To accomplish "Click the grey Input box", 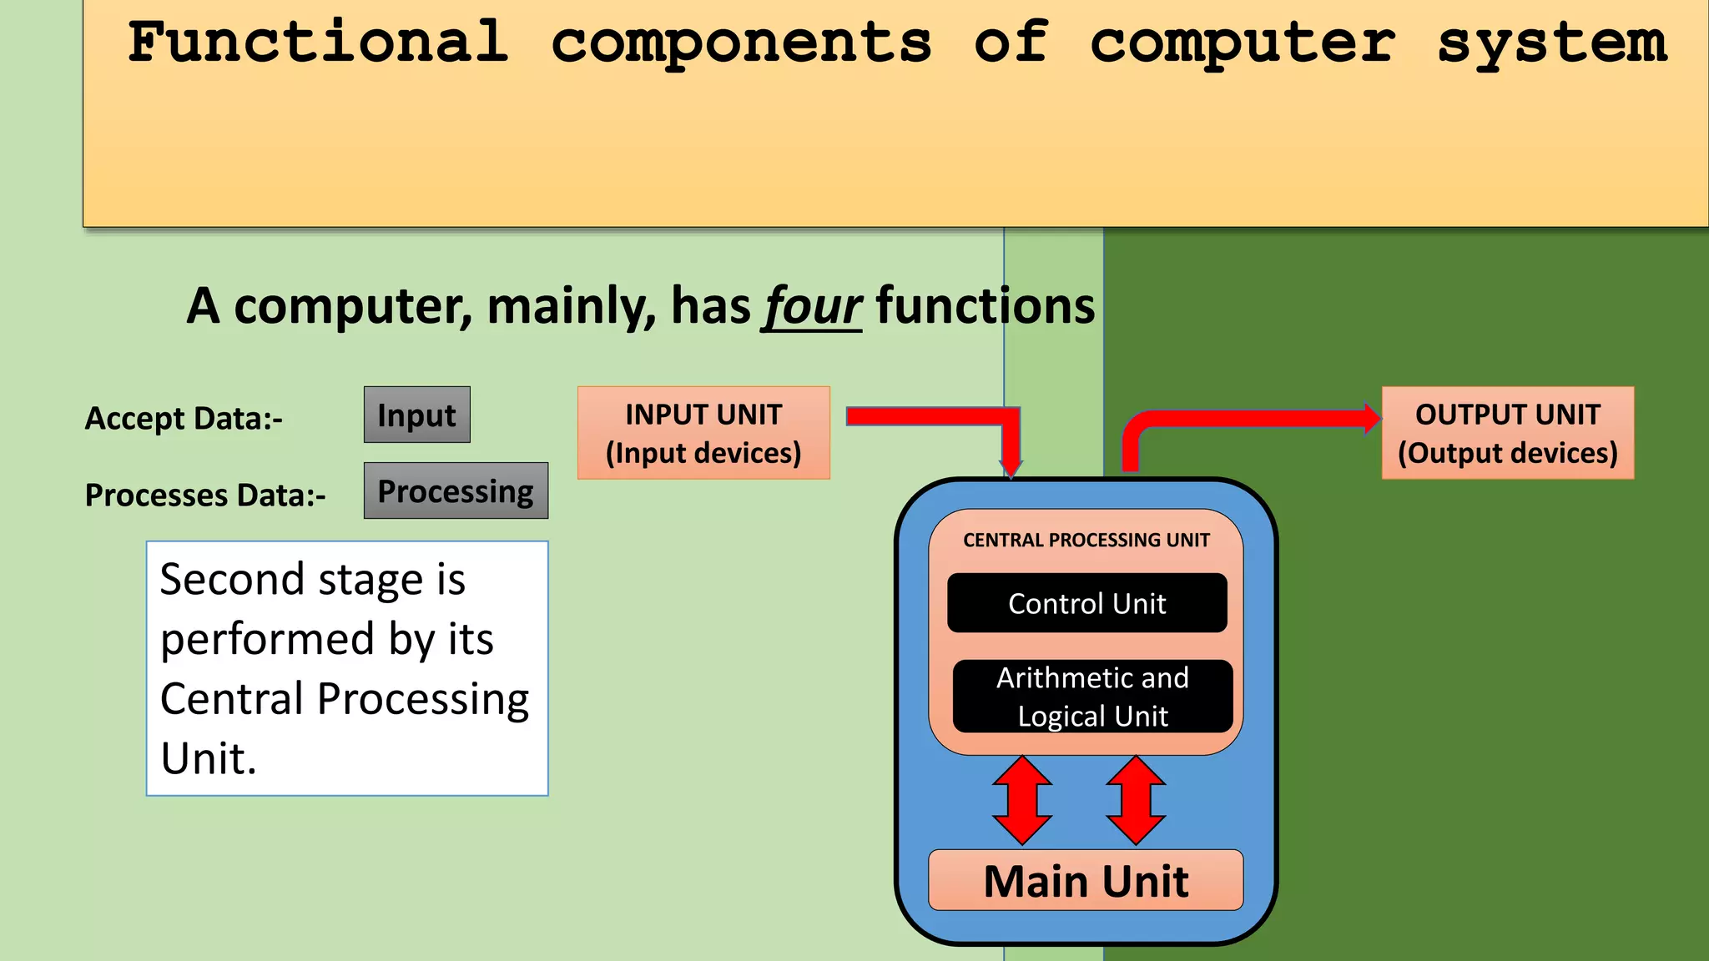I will (416, 415).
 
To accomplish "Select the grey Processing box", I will (456, 491).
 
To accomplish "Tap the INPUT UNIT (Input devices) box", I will (703, 433).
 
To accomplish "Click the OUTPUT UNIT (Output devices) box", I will (1507, 433).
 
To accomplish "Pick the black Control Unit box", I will (1086, 603).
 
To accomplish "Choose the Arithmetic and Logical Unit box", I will (1092, 697).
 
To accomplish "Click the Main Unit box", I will (1086, 881).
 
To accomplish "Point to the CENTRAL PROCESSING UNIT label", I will (1086, 541).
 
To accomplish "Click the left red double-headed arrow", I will (1022, 801).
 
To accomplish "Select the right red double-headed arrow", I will (1136, 801).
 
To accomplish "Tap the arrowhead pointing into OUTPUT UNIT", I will (1371, 418).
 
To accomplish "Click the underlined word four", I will (812, 306).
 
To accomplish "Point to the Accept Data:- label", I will (184, 419).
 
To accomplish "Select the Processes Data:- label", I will (205, 496).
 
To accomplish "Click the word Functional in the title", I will (318, 43).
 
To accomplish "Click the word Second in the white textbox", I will (233, 579).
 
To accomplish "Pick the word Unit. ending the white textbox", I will (209, 758).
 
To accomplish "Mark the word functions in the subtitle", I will (985, 306).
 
